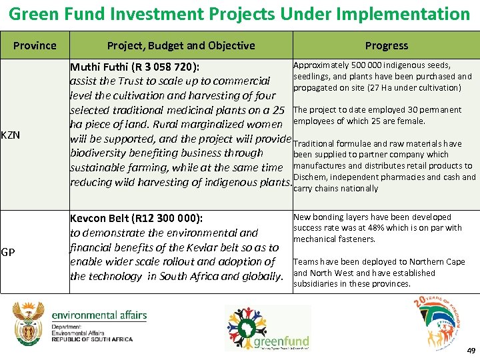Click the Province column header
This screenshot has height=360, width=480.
click(x=35, y=45)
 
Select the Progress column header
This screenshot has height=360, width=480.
click(x=386, y=45)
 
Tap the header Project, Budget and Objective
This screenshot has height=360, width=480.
click(x=181, y=45)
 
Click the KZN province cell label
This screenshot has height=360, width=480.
click(x=11, y=135)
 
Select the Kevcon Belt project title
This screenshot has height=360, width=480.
click(x=137, y=218)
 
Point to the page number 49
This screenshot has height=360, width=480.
click(x=471, y=351)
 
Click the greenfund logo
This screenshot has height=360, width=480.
click(x=267, y=327)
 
